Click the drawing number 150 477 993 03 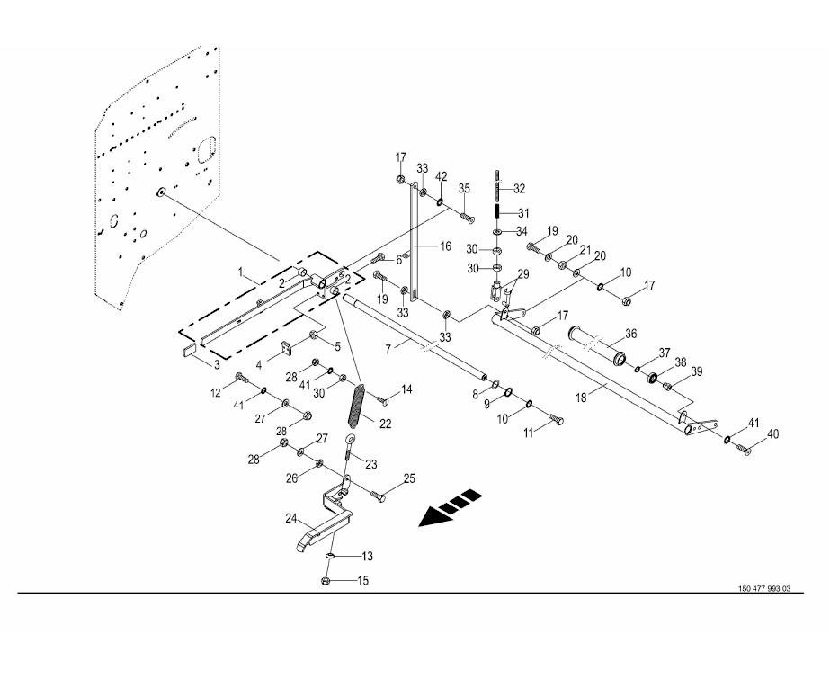pos(764,589)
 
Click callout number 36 pos(630,334)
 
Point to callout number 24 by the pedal pos(290,518)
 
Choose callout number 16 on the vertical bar pos(445,246)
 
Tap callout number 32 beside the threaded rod pos(519,189)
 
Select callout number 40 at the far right pos(773,435)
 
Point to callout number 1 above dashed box pos(241,271)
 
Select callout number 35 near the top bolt pos(464,189)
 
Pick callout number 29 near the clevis pos(522,274)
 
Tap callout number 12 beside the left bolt pos(215,392)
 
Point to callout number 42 pos(441,176)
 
